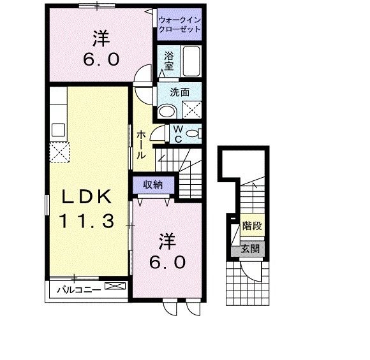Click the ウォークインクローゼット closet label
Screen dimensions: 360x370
click(179, 24)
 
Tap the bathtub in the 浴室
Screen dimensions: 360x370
click(191, 61)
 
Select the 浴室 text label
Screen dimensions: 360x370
click(169, 60)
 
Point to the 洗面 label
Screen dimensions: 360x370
click(179, 92)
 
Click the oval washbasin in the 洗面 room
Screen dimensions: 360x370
click(167, 111)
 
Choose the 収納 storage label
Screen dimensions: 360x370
click(152, 185)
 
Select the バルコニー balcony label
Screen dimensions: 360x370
click(78, 290)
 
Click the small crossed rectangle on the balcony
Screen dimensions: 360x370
click(115, 287)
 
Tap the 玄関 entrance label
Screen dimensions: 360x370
click(249, 248)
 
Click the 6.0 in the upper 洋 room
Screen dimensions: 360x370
click(101, 59)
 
